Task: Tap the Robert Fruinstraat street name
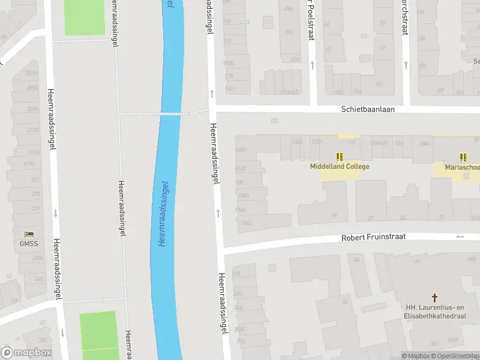pos(373,237)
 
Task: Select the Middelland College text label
pos(340,166)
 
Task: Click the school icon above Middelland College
pos(340,157)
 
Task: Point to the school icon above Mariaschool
pos(463,157)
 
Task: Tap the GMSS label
pos(28,244)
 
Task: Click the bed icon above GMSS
pos(28,233)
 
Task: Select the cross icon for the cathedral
pos(435,297)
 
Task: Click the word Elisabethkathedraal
pos(435,316)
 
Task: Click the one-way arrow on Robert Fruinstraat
pos(460,237)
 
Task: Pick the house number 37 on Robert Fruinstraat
pos(370,218)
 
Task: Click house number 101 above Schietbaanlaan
pos(379,84)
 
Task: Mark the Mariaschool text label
pos(462,167)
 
